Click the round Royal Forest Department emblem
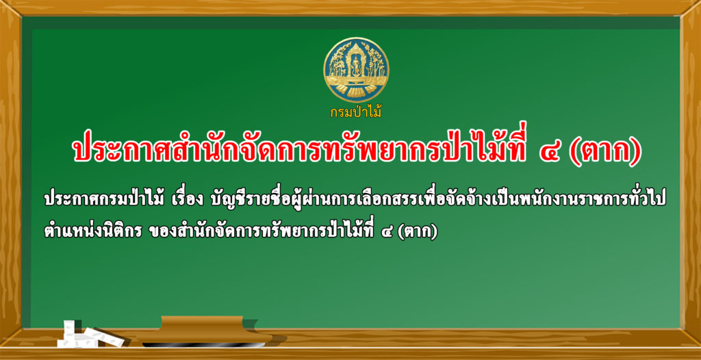(x=356, y=70)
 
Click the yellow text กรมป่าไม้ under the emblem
(x=356, y=112)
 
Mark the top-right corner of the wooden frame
(x=700, y=1)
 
